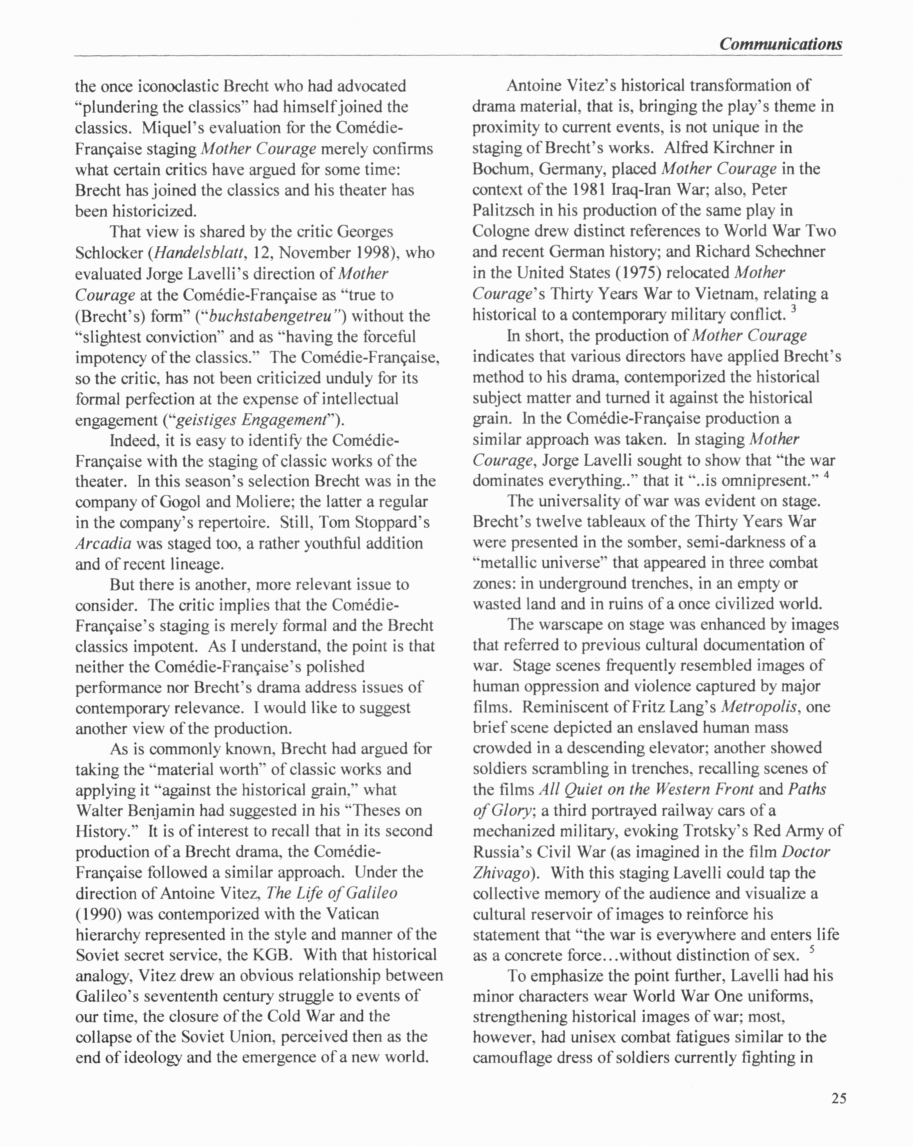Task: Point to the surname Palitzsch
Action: point(503,210)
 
